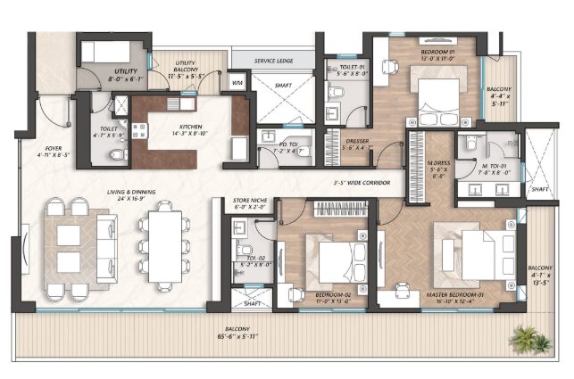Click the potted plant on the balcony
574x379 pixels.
532,339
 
